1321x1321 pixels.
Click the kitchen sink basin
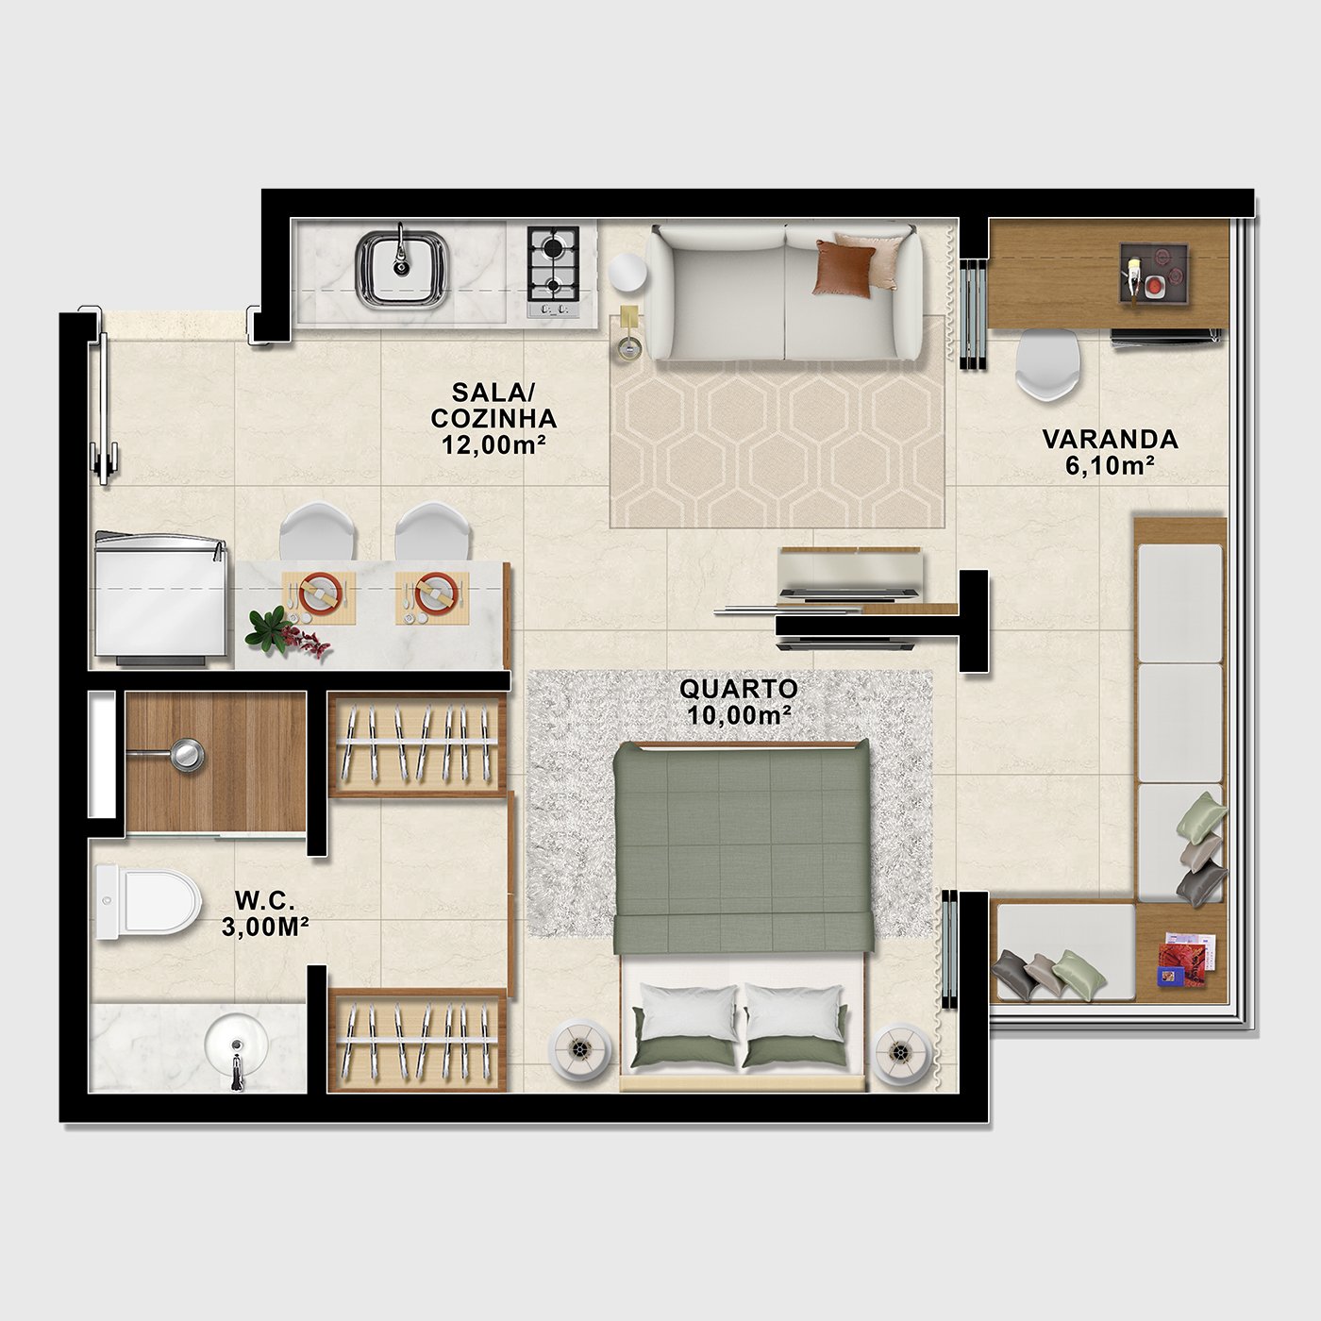(402, 268)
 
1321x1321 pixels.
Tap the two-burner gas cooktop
(553, 272)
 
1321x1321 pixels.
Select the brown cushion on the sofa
(844, 268)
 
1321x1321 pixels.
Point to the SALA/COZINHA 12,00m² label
(493, 418)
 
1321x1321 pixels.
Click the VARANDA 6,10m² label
(1110, 452)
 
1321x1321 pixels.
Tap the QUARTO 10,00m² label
(738, 701)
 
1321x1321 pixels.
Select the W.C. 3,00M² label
(264, 912)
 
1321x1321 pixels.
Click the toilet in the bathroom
(147, 901)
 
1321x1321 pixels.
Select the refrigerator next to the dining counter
(161, 598)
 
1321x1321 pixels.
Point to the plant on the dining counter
(285, 631)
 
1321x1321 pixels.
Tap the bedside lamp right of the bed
(901, 1053)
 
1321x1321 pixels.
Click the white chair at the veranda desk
(1047, 365)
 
